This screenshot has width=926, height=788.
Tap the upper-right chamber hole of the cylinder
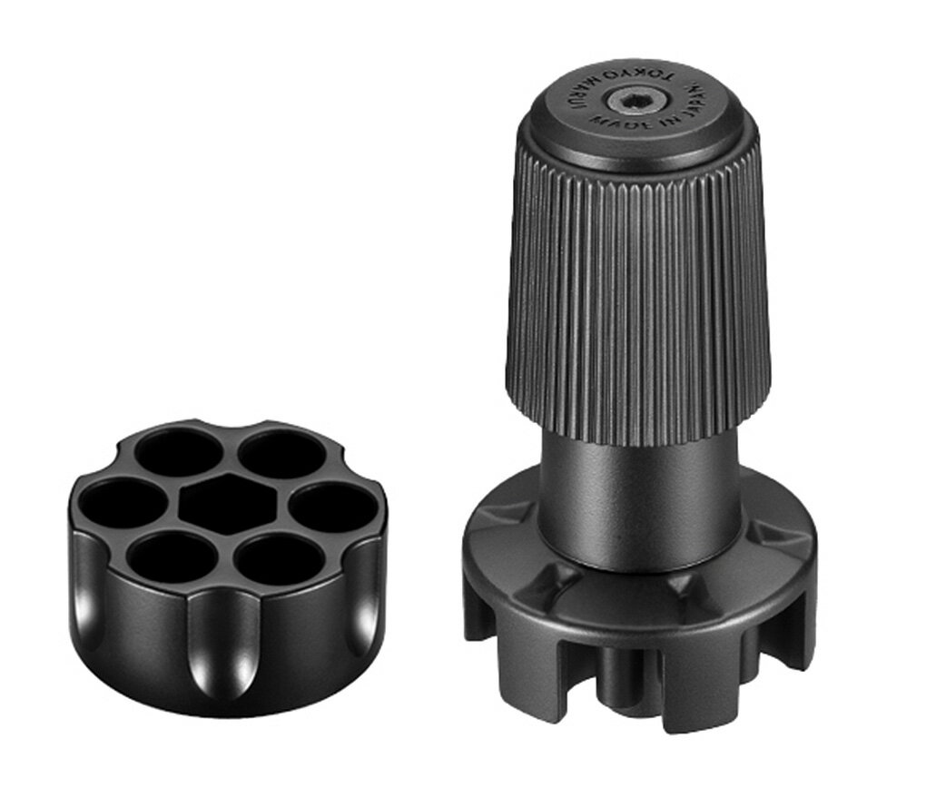282,453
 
